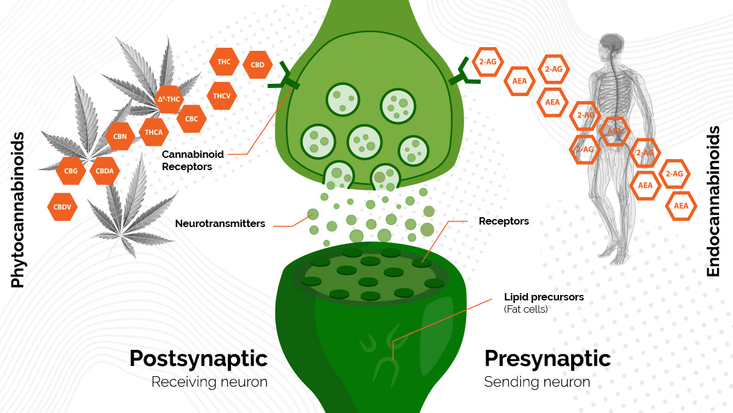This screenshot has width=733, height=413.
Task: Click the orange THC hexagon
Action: [x=224, y=62]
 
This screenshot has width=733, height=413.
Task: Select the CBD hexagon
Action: [x=257, y=65]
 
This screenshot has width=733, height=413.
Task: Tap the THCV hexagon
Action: [x=221, y=95]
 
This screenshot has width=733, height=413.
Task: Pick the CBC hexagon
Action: [x=191, y=119]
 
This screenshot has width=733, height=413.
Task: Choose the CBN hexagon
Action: [x=120, y=136]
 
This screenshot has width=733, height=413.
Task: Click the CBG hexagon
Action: [x=71, y=171]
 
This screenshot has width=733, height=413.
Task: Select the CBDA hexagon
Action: [x=104, y=171]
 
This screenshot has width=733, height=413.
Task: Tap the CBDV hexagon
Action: [x=62, y=207]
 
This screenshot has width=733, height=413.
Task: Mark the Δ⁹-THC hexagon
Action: [x=169, y=99]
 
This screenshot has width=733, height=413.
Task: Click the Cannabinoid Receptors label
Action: [x=192, y=160]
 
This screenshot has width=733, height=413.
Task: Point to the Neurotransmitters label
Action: [x=220, y=224]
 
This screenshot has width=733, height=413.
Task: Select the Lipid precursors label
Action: [x=544, y=297]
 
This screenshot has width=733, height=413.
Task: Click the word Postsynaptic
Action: [x=199, y=359]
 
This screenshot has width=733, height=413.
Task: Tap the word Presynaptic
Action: [x=547, y=359]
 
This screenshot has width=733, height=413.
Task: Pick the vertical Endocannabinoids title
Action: [x=713, y=201]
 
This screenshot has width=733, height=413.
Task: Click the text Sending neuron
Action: [x=537, y=382]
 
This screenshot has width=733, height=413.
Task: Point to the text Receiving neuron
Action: [x=210, y=382]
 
